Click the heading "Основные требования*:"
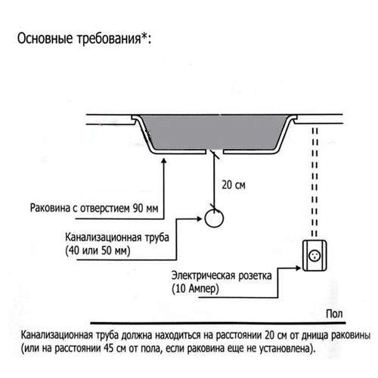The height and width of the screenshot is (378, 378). (84, 39)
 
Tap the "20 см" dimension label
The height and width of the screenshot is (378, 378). (234, 184)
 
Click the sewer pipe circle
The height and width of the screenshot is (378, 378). (214, 218)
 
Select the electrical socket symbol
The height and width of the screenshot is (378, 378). (314, 256)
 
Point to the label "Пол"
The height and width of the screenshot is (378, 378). (334, 314)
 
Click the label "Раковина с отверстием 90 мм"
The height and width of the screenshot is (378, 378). (94, 209)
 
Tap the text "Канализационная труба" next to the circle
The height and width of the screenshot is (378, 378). (117, 237)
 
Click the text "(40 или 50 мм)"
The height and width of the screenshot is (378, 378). (98, 251)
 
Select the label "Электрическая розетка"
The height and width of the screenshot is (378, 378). (222, 275)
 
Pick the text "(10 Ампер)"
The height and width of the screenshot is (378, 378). (195, 289)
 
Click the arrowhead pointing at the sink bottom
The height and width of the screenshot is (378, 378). (164, 161)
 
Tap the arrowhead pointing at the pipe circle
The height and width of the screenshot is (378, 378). (200, 218)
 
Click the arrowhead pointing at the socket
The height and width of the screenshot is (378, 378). (299, 268)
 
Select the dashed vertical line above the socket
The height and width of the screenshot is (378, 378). (314, 182)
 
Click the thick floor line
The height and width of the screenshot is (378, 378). (218, 323)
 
